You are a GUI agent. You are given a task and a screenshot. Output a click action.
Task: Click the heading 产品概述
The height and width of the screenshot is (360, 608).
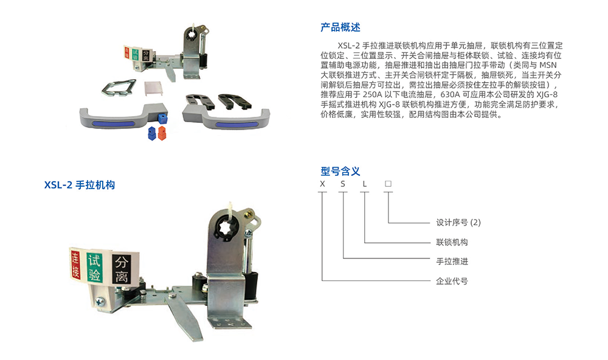point(340,27)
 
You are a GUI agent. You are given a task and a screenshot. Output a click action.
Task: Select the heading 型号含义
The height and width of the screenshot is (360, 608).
point(340,171)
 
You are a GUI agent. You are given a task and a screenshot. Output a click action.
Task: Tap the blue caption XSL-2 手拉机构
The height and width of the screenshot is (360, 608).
point(80,185)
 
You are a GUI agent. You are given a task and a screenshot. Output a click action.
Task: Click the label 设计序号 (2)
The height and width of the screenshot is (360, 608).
point(458,223)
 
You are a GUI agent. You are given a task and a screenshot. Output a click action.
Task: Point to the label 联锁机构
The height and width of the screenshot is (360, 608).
point(452,242)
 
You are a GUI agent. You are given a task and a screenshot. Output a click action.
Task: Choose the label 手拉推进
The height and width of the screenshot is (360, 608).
point(452,261)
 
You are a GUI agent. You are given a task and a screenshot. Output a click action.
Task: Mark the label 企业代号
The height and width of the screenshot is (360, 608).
point(452,281)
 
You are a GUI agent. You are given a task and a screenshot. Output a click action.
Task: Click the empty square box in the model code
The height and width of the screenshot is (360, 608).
point(388,184)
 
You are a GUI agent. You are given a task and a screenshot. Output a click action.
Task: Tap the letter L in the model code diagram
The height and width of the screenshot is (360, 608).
point(364,184)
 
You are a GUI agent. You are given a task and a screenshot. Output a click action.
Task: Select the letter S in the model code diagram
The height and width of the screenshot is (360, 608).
point(343,184)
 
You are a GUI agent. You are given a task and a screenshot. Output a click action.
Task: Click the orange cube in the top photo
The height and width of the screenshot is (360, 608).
point(162,133)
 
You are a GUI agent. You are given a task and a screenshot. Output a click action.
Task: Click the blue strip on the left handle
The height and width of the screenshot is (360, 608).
point(113,124)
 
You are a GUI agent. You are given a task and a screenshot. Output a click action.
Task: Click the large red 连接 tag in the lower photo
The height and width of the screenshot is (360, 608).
point(75,265)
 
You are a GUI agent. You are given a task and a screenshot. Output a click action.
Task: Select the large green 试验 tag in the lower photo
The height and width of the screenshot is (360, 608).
point(94,268)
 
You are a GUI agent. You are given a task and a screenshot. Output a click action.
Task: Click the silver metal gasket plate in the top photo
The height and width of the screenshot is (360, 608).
point(119,88)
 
